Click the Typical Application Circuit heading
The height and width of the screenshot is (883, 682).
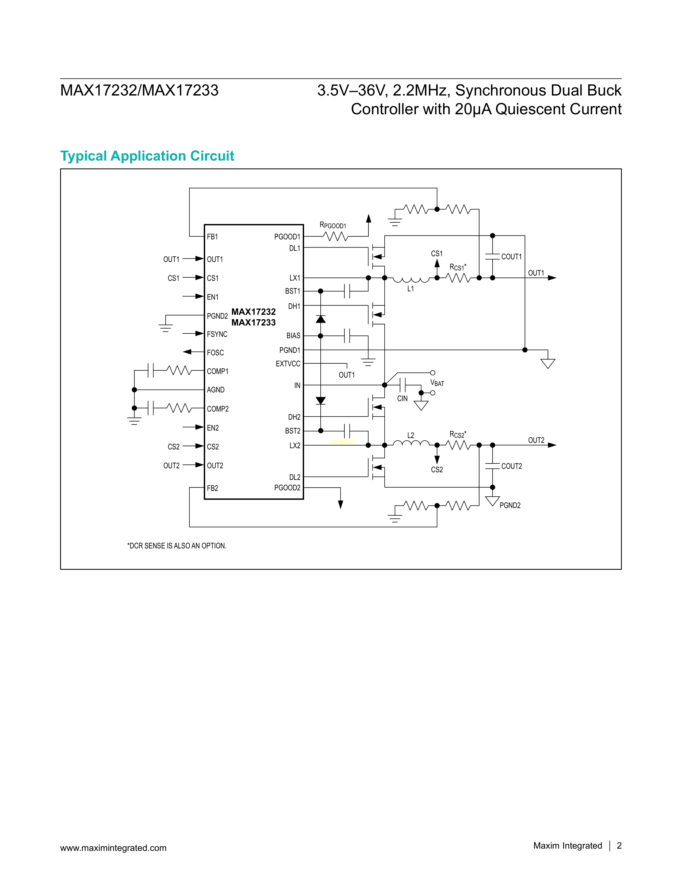(147, 156)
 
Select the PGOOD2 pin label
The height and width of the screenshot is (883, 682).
(287, 488)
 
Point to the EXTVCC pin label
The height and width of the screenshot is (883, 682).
(288, 364)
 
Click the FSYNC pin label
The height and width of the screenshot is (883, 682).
(217, 334)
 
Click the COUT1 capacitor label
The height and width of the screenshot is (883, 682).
(511, 257)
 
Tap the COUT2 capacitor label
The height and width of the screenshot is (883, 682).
(511, 466)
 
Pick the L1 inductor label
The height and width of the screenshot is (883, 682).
(411, 289)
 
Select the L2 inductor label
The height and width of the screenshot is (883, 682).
(411, 435)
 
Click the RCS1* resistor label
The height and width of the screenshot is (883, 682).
(458, 267)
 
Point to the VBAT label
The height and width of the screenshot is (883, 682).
(437, 383)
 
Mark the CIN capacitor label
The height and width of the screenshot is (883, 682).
(403, 399)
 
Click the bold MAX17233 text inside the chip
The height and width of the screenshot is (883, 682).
(253, 323)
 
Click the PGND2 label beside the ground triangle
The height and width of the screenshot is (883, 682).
(510, 505)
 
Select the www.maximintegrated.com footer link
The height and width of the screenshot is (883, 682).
(113, 848)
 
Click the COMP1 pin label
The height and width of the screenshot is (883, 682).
(218, 371)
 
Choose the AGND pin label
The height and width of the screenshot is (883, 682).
(216, 390)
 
